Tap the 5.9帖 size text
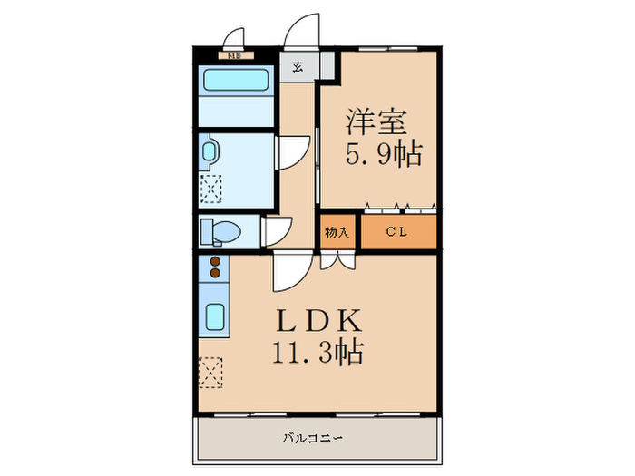pos(383,154)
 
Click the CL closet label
pos(397,232)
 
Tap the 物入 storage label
pos(337,232)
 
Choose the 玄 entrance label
pos(297,66)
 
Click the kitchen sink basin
pos(215,316)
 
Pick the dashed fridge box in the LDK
pos(210,370)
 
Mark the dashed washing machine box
pos(210,189)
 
